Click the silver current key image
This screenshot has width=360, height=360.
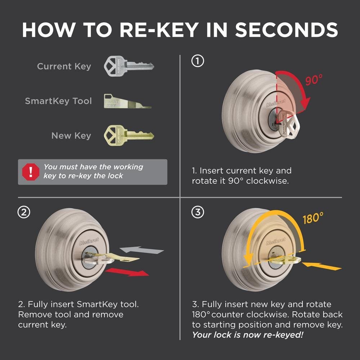128,66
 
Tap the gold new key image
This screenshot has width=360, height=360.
128,135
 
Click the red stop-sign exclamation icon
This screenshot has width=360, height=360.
30,172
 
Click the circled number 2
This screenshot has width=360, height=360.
24,213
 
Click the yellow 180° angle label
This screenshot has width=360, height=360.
312,218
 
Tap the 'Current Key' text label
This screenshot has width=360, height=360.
64,67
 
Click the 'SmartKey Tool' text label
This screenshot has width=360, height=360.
58,101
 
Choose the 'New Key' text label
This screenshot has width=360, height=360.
71,136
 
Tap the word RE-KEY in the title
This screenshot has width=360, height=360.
161,30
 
